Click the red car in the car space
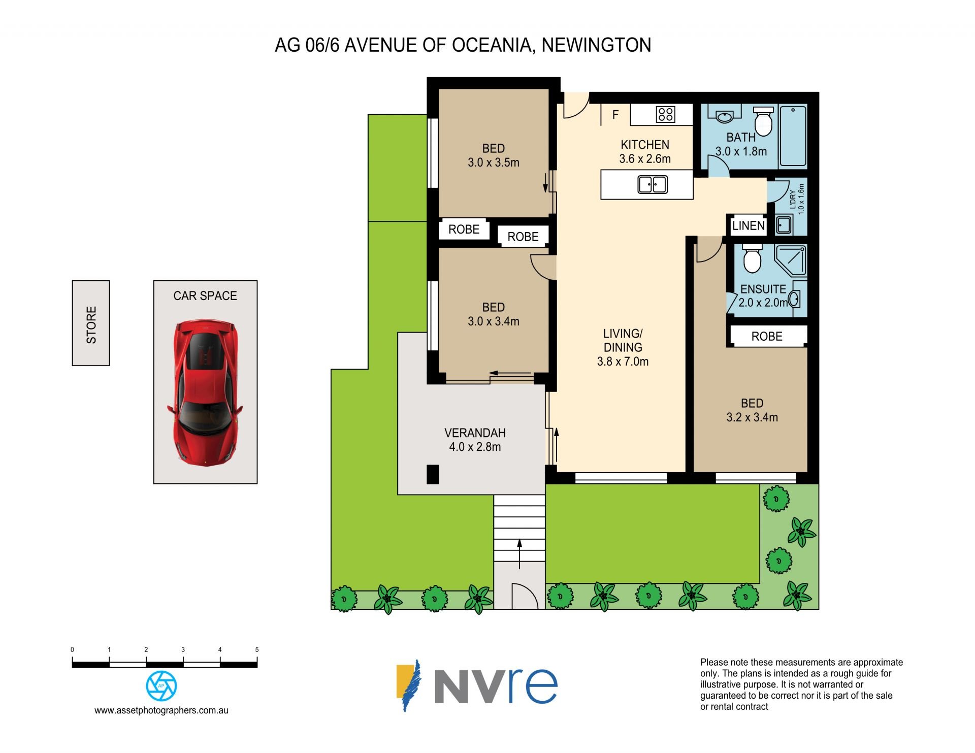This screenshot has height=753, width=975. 205,392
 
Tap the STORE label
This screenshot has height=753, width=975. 91,325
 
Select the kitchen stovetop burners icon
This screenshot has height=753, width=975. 665,114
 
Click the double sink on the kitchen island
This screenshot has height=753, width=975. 653,184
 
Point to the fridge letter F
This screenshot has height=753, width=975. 615,115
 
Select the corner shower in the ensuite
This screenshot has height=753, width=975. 790,260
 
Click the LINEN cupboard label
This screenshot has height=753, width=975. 749,226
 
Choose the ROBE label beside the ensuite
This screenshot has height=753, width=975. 767,337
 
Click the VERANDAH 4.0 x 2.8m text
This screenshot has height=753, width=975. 475,440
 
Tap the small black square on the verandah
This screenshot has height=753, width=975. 432,474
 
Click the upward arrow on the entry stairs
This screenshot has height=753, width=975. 519,553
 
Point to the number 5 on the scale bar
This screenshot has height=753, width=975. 257,649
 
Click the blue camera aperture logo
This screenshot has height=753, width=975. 161,686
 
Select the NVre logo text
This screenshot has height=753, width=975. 496,686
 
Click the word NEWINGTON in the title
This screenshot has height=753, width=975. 596,45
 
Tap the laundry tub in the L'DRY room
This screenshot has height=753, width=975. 784,225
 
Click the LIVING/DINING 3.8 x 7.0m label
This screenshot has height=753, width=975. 623,347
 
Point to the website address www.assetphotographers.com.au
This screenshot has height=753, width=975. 161,711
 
